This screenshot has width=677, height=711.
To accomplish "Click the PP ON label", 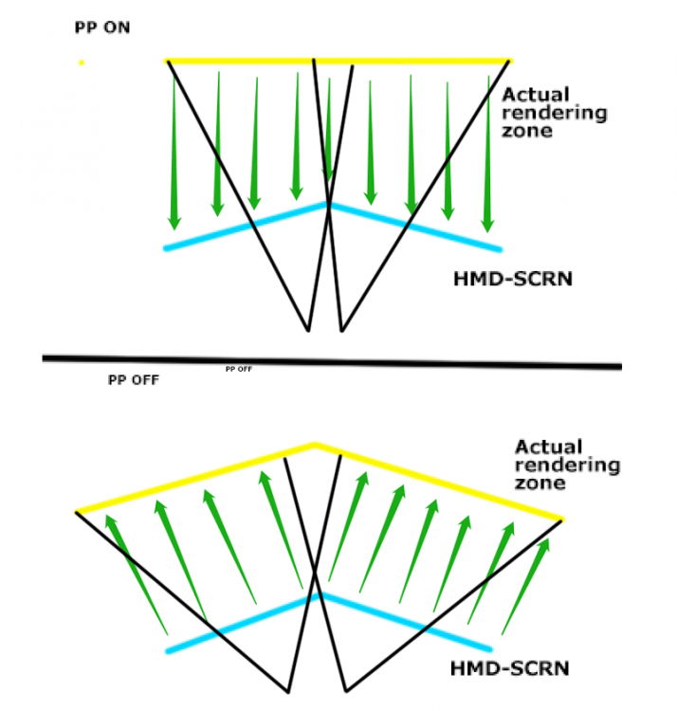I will click(102, 28).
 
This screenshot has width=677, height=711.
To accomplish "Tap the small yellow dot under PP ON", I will click(82, 63).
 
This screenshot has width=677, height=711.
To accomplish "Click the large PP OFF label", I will click(133, 380).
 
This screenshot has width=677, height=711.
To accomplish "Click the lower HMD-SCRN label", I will click(512, 668).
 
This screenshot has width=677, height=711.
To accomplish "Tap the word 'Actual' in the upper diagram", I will click(538, 94).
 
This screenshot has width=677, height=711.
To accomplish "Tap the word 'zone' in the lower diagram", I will click(536, 483).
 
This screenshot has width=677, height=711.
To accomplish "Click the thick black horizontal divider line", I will click(332, 360).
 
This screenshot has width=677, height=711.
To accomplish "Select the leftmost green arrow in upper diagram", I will click(174, 152).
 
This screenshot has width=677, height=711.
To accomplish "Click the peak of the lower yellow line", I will click(314, 444).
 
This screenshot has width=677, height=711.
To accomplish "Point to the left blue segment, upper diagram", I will click(247, 227).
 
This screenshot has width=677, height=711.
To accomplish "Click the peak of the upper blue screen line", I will click(328, 205).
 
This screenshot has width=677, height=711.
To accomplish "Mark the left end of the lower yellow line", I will click(78, 512).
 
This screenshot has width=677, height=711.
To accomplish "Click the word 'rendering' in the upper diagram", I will click(555, 113).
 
